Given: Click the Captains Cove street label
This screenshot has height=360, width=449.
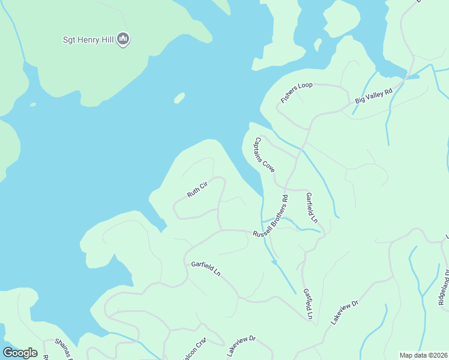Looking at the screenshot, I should pyautogui.click(x=264, y=155).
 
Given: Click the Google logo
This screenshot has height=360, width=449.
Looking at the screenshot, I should pyautogui.click(x=20, y=353).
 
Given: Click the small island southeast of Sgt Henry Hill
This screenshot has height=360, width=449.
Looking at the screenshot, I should pyautogui.click(x=179, y=98).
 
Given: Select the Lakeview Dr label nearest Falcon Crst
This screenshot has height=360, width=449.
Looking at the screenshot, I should pyautogui.click(x=241, y=346).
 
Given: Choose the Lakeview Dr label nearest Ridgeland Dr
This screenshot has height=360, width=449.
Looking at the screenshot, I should pyautogui.click(x=345, y=313).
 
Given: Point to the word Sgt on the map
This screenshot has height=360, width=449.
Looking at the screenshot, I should pyautogui.click(x=70, y=40).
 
